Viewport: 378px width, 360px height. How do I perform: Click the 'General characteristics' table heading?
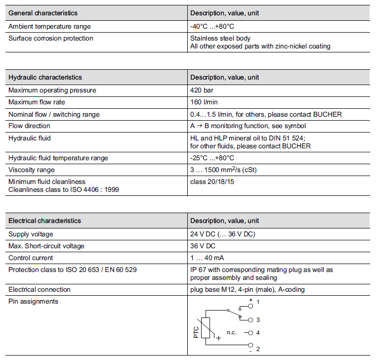(43, 13)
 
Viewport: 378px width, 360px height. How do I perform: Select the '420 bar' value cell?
(202, 90)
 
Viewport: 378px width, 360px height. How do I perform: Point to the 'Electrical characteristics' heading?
(45, 221)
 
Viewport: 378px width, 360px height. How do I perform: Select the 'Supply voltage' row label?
(31, 234)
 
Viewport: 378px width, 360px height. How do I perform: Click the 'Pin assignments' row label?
(33, 301)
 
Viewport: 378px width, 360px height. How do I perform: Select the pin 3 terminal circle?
(251, 320)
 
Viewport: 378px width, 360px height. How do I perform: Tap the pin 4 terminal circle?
(251, 333)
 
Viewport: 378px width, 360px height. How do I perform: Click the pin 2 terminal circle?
(251, 345)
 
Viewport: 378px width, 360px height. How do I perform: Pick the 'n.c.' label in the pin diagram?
(232, 333)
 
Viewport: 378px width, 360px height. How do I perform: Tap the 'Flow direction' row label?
(29, 126)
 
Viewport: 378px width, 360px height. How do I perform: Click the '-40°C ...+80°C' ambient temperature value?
(212, 26)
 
